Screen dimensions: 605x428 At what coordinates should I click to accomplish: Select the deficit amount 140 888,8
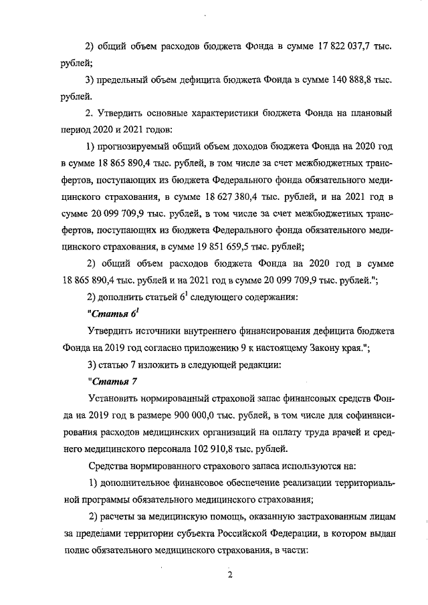pos(333,79)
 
